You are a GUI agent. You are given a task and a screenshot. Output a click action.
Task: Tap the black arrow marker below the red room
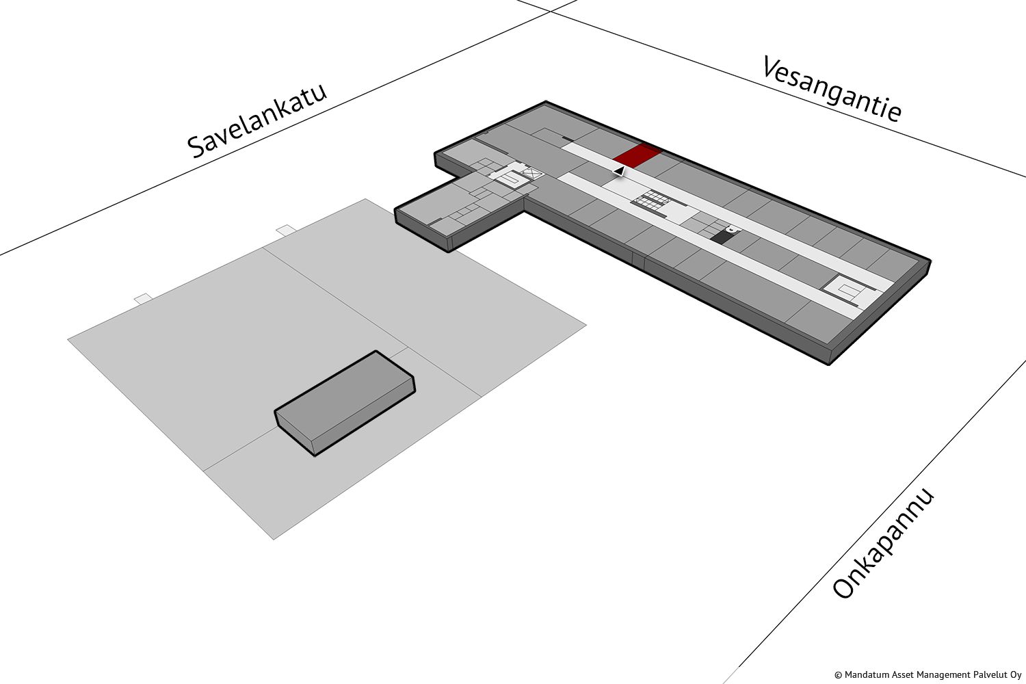pos(619,172)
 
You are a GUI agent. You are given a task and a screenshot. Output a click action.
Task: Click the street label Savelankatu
pos(257,120)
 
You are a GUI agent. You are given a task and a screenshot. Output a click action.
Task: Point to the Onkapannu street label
pos(882,543)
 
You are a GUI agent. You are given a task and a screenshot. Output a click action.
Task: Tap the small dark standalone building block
pos(345,403)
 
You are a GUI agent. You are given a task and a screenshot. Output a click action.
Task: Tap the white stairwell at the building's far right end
pos(847,289)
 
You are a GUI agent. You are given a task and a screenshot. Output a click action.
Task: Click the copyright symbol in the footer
pos(838,675)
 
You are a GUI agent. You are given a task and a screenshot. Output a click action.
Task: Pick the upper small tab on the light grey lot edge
pos(286,230)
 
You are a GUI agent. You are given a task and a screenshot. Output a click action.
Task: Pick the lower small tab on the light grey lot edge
pos(143,298)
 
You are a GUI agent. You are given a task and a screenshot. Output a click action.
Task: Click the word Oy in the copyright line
pos(1016,675)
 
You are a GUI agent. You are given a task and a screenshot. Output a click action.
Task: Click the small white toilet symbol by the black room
pos(733,229)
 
